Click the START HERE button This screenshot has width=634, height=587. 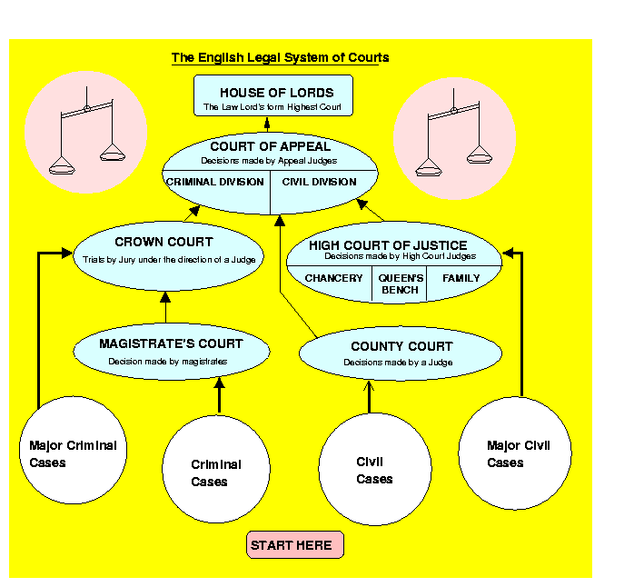click(x=295, y=545)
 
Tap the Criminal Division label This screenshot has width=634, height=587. click(x=215, y=182)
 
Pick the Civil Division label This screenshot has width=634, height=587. click(x=320, y=182)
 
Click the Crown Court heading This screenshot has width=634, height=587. click(x=163, y=243)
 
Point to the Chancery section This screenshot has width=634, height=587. click(x=333, y=278)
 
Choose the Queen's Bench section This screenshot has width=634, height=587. click(x=401, y=284)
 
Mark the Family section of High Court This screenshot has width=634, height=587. click(x=461, y=278)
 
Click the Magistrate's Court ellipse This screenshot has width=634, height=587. click(x=171, y=351)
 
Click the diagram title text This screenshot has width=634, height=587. click(x=280, y=58)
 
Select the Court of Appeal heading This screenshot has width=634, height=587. click(x=270, y=146)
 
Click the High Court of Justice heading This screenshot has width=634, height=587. click(x=388, y=245)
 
